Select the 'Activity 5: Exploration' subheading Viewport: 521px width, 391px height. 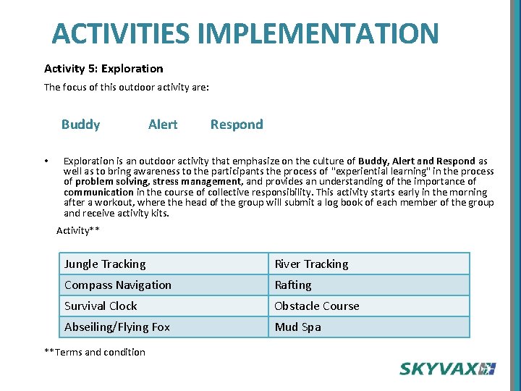point(103,69)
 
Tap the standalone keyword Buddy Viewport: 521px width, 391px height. point(80,125)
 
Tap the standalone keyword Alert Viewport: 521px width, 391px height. point(162,125)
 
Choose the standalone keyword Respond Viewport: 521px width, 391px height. point(237,125)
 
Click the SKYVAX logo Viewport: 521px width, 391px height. point(447,369)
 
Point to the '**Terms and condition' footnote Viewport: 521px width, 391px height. point(95,353)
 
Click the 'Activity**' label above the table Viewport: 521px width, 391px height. point(78,231)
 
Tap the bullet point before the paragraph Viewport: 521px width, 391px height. point(46,161)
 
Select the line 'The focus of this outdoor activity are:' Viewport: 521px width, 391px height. point(127,88)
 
